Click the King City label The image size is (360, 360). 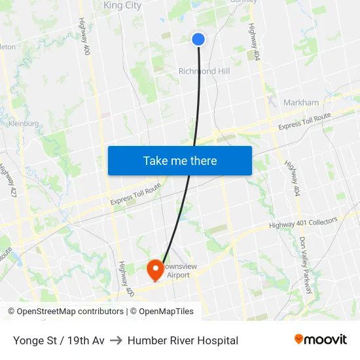tap(122, 6)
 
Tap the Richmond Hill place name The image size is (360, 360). tap(204, 71)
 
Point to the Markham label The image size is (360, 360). tap(301, 103)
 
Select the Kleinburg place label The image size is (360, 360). tap(24, 122)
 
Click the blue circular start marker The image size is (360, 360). tap(198, 39)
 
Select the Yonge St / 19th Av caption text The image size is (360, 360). tap(58, 340)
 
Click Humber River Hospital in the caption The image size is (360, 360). tap(183, 340)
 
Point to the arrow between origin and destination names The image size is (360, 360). tap(116, 340)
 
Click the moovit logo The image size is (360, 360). tap(321, 339)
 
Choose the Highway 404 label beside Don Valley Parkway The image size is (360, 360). tap(293, 177)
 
